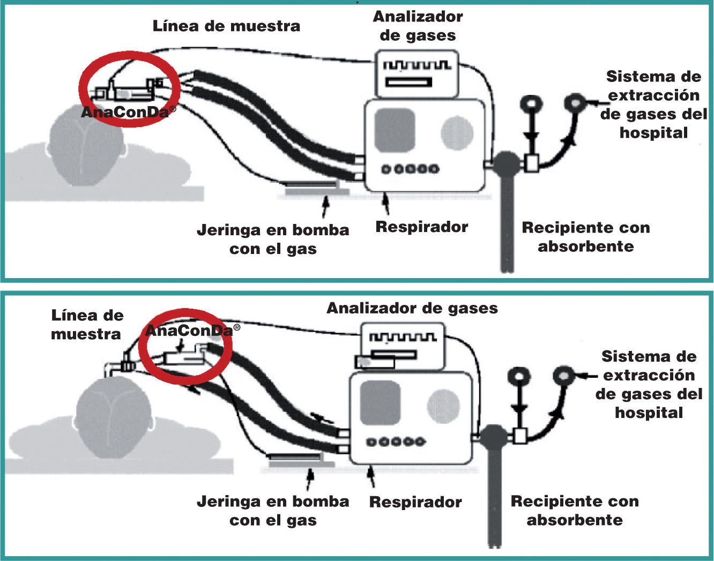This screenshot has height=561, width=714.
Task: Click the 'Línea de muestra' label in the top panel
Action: tap(226, 26)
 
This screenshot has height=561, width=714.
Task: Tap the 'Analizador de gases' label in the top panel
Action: tap(418, 26)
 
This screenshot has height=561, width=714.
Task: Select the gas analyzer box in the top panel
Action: tap(417, 73)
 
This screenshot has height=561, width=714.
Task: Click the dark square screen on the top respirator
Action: tap(395, 130)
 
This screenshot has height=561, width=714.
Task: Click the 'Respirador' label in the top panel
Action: tap(421, 227)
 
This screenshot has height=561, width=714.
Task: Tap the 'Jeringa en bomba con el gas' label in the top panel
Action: tap(273, 240)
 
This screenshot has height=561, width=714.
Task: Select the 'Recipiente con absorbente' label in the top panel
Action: tap(585, 237)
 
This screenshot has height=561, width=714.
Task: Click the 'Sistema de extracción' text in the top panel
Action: tap(653, 86)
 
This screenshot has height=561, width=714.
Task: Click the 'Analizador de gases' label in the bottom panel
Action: tap(412, 308)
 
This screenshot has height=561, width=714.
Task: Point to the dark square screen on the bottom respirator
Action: tap(380, 403)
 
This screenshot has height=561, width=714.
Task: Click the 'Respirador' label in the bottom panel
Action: tap(415, 502)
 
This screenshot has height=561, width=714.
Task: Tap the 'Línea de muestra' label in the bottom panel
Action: tap(87, 325)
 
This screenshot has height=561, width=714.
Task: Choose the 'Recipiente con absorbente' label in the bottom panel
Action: tap(575, 511)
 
